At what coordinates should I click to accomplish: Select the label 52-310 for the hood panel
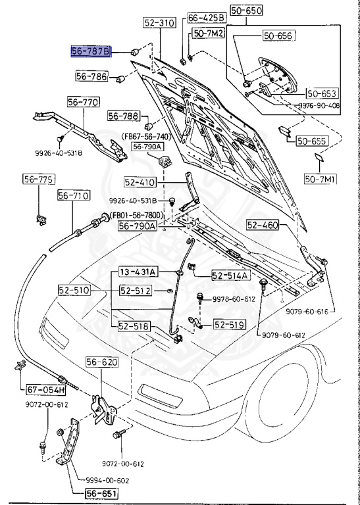pyautogui.click(x=159, y=23)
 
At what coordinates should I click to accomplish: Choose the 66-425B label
pyautogui.click(x=206, y=18)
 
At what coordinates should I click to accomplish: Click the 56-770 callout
pyautogui.click(x=83, y=102)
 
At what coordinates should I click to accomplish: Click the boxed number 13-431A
pyautogui.click(x=138, y=272)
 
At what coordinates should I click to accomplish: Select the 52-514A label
pyautogui.click(x=230, y=276)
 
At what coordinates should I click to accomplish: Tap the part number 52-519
pyautogui.click(x=228, y=324)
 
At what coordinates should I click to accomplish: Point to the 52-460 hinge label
pyautogui.click(x=263, y=226)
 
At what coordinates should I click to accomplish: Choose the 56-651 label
pyautogui.click(x=85, y=493)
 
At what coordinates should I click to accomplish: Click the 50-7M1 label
pyautogui.click(x=320, y=178)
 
